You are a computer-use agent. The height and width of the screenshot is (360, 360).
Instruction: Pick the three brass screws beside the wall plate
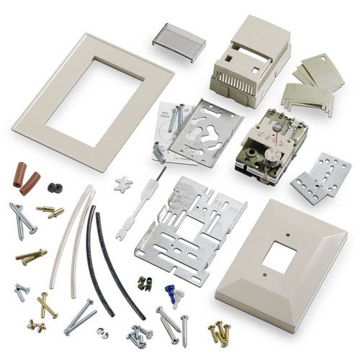tap(218, 332)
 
